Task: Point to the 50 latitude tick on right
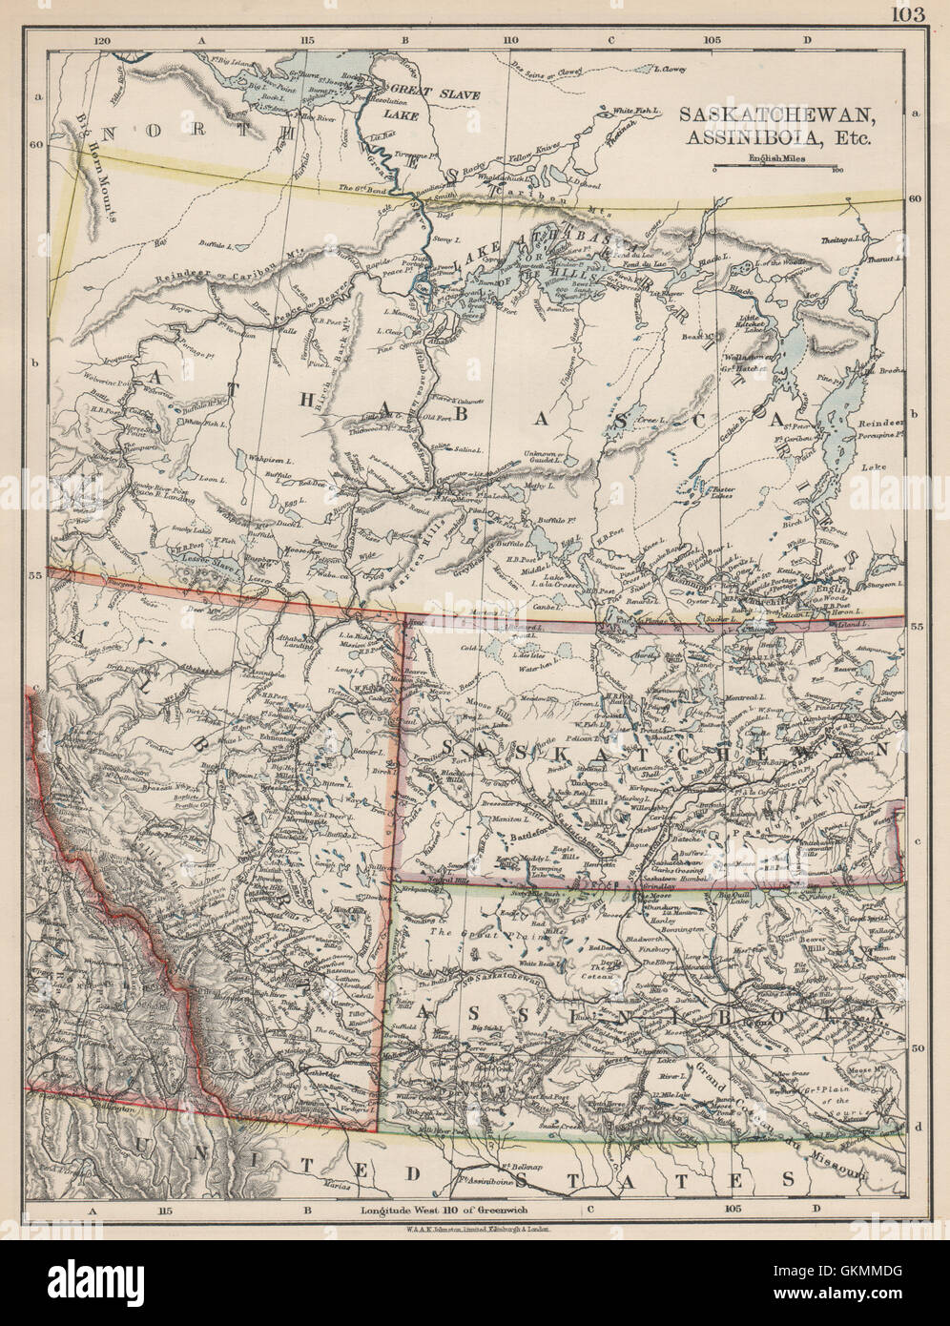point(917,1047)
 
